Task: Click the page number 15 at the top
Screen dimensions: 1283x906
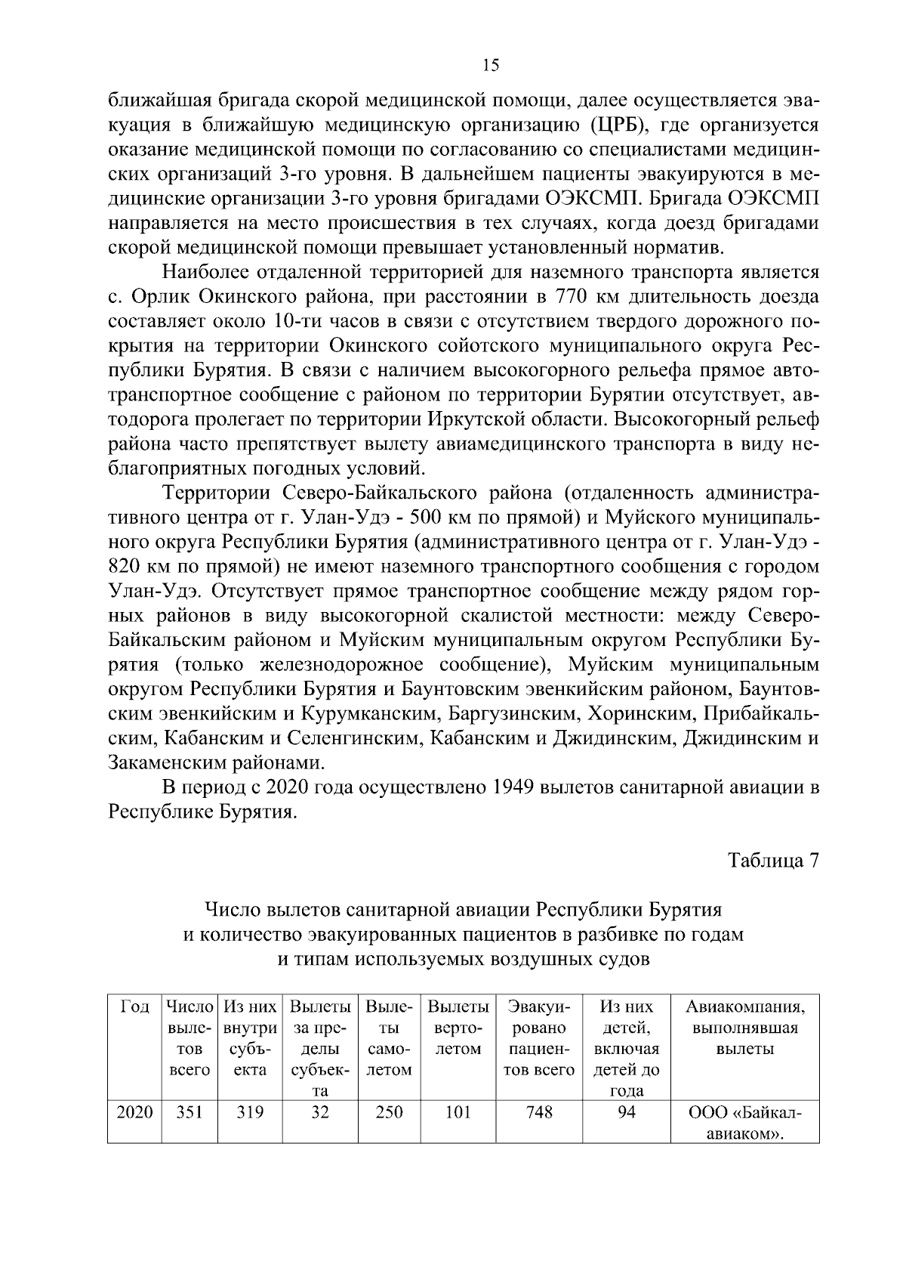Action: (x=490, y=66)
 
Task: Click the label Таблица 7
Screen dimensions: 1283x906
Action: (x=773, y=861)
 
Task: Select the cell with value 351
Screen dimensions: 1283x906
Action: (x=189, y=1113)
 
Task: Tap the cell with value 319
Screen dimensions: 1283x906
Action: (x=249, y=1113)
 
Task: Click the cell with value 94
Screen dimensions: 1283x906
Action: (x=627, y=1113)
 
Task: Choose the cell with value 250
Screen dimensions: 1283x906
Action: (x=389, y=1113)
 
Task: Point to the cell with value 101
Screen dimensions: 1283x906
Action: (x=458, y=1113)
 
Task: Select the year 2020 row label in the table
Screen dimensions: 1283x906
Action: (x=135, y=1113)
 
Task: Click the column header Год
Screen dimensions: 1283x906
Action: (x=135, y=1007)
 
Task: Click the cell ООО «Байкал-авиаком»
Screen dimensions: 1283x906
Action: (x=744, y=1124)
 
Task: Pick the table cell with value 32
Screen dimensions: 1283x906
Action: (x=320, y=1113)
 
